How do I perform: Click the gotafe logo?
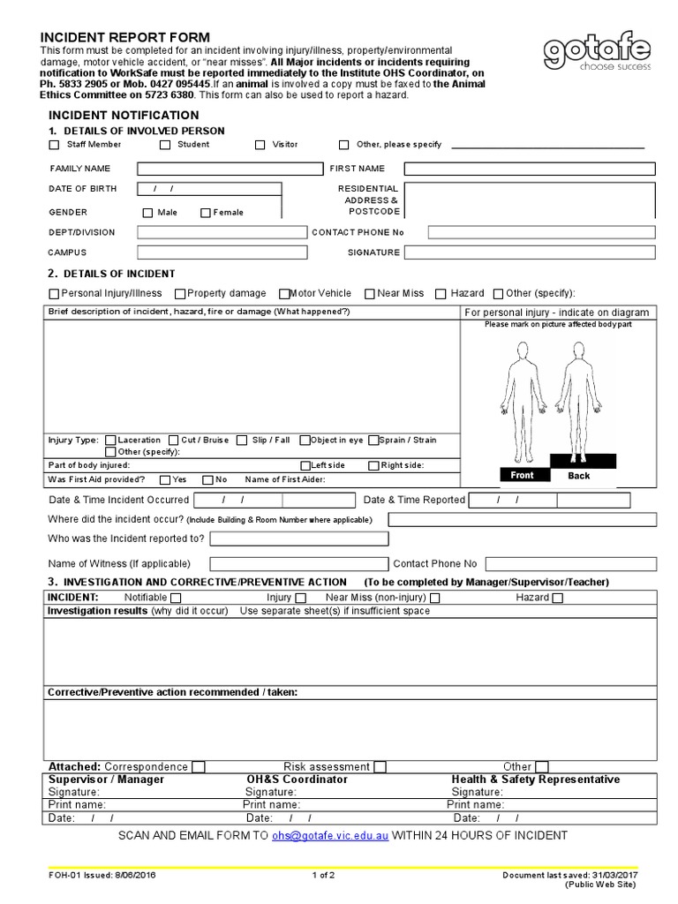tap(597, 55)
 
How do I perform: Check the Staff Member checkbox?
tap(55, 145)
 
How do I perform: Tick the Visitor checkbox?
tap(260, 145)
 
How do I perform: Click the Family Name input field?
tap(230, 169)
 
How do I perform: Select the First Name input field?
tap(530, 169)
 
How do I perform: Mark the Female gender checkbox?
tap(206, 213)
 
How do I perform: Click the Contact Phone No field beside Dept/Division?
tap(542, 232)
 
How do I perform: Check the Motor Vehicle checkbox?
tap(284, 294)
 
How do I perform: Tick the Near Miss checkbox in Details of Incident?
tap(368, 294)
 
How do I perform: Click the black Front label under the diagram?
tap(522, 475)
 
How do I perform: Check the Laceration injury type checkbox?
tap(110, 440)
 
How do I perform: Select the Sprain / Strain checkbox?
tap(374, 440)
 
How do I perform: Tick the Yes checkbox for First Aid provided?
tap(165, 480)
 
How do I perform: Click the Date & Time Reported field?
tap(549, 501)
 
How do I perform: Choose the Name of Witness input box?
tap(298, 564)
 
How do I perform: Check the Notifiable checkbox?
tap(176, 598)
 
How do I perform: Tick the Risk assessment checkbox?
tap(380, 767)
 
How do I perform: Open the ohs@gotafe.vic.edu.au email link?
tap(329, 835)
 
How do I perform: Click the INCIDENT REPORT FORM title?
tap(125, 37)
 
